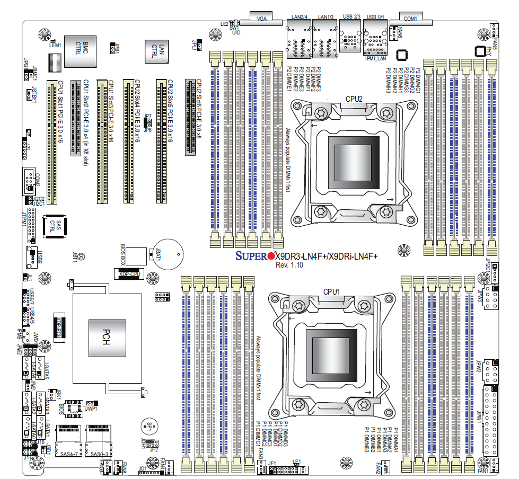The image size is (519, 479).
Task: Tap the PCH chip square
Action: point(107,339)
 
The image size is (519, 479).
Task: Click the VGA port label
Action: point(261,19)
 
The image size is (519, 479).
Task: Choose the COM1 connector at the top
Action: point(410,19)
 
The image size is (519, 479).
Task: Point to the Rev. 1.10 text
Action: point(289,265)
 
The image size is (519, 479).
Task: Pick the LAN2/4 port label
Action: point(300,17)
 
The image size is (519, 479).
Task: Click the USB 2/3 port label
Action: point(351,17)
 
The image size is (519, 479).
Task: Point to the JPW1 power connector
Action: point(491,419)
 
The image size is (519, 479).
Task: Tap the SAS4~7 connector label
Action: point(69,454)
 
